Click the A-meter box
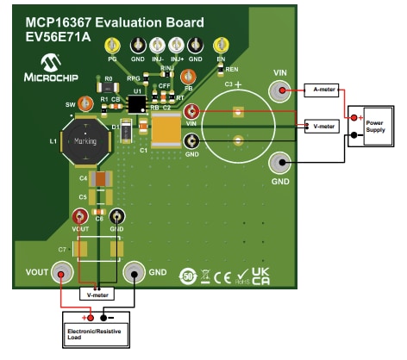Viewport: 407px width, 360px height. pos(323,89)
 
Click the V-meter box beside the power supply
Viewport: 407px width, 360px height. pos(323,127)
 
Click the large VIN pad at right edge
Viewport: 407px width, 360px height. pos(279,90)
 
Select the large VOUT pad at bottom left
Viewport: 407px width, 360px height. pos(60,273)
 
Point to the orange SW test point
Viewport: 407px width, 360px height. pos(85,104)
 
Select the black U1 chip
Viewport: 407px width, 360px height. pos(136,104)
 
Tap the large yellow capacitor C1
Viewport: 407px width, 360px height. pos(166,130)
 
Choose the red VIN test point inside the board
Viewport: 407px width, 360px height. pos(192,111)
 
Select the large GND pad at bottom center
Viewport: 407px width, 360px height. pos(134,273)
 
